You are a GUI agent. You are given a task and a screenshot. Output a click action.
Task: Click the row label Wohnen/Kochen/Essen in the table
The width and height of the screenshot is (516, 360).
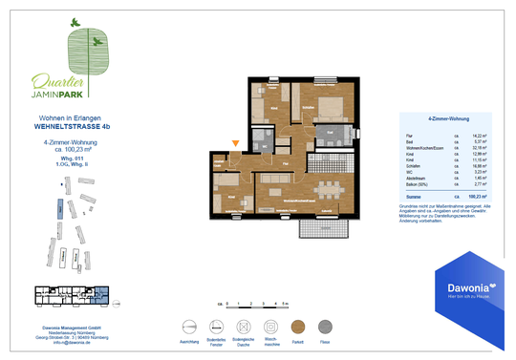414,148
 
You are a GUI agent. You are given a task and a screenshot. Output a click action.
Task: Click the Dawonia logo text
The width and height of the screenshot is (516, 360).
463,287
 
